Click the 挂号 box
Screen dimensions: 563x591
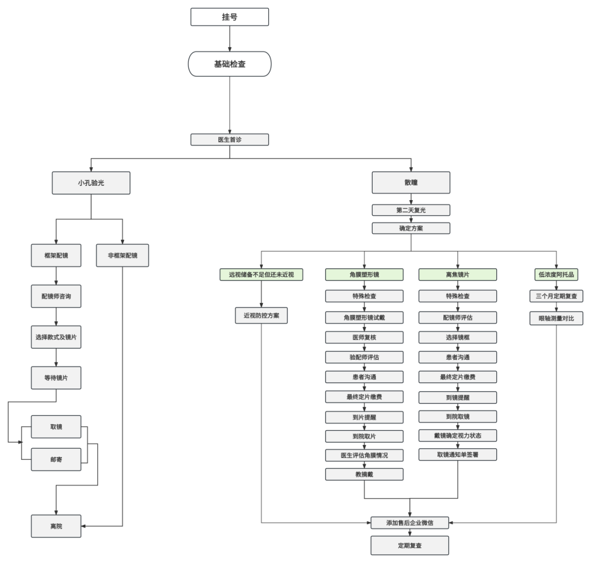[229, 17]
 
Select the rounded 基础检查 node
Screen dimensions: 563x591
[229, 64]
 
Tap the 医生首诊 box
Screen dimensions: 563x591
[229, 139]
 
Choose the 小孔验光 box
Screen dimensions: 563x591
[91, 183]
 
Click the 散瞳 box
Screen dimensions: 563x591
[411, 183]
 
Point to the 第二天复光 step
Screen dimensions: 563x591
[411, 210]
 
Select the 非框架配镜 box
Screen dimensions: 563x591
[123, 255]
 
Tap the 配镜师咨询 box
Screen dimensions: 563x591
[56, 296]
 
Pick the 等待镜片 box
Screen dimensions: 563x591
[56, 378]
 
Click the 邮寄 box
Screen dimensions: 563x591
[56, 459]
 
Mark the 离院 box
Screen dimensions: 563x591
[56, 526]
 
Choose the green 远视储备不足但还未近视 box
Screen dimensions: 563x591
[261, 274]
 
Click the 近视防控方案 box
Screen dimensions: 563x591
[261, 315]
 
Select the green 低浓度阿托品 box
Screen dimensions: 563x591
[556, 274]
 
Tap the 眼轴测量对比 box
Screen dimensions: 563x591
[556, 318]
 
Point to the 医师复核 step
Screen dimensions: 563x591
[364, 337]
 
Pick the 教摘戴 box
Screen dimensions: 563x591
[364, 474]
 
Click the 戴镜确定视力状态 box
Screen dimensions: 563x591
[458, 435]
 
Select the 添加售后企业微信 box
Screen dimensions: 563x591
[410, 523]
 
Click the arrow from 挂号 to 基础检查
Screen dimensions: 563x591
[229, 38]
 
